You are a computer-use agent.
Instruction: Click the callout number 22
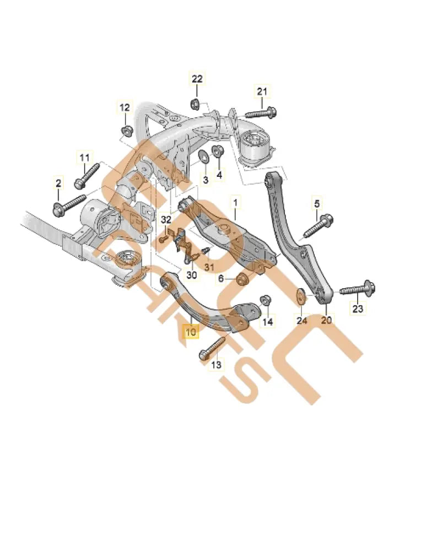point(197,79)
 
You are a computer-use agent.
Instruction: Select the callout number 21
point(262,91)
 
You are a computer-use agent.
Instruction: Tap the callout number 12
point(125,107)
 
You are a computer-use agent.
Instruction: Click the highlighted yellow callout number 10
point(191,332)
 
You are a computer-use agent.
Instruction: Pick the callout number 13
point(216,365)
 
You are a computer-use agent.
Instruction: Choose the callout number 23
point(358,309)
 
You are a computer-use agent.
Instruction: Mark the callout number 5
point(317,204)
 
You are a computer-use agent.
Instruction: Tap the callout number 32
point(166,219)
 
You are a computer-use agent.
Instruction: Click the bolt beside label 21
point(260,114)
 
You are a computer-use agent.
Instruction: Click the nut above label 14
point(264,299)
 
